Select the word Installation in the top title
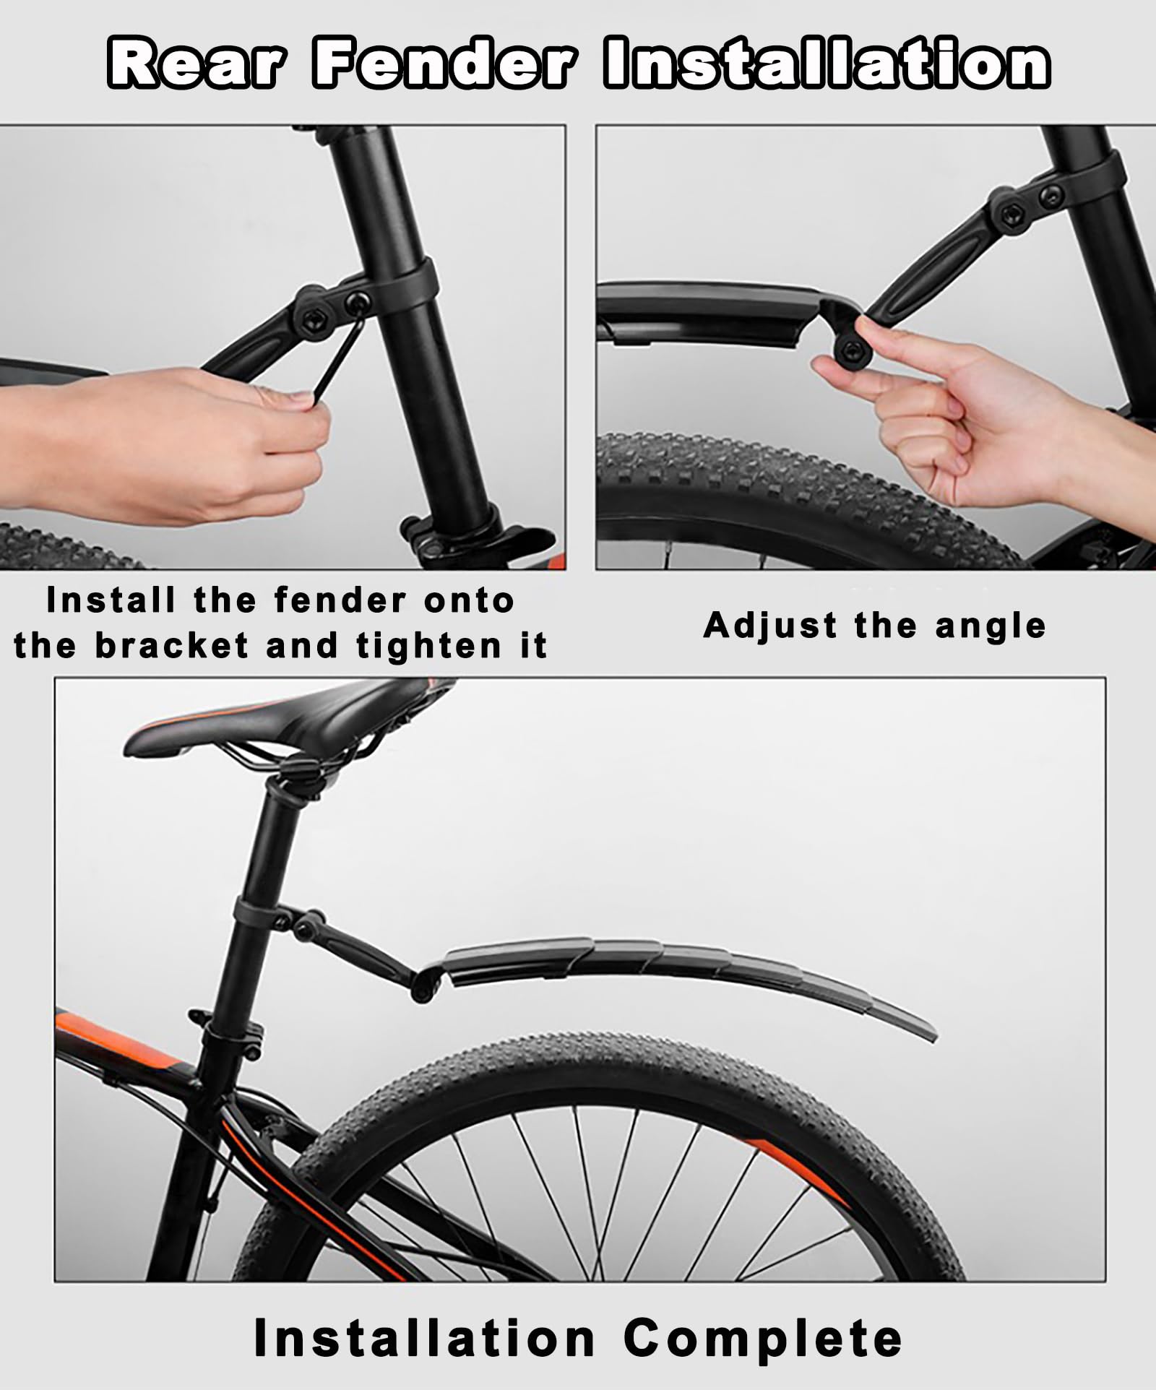coord(827,64)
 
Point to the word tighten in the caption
coord(429,645)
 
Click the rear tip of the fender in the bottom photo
coord(932,1035)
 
